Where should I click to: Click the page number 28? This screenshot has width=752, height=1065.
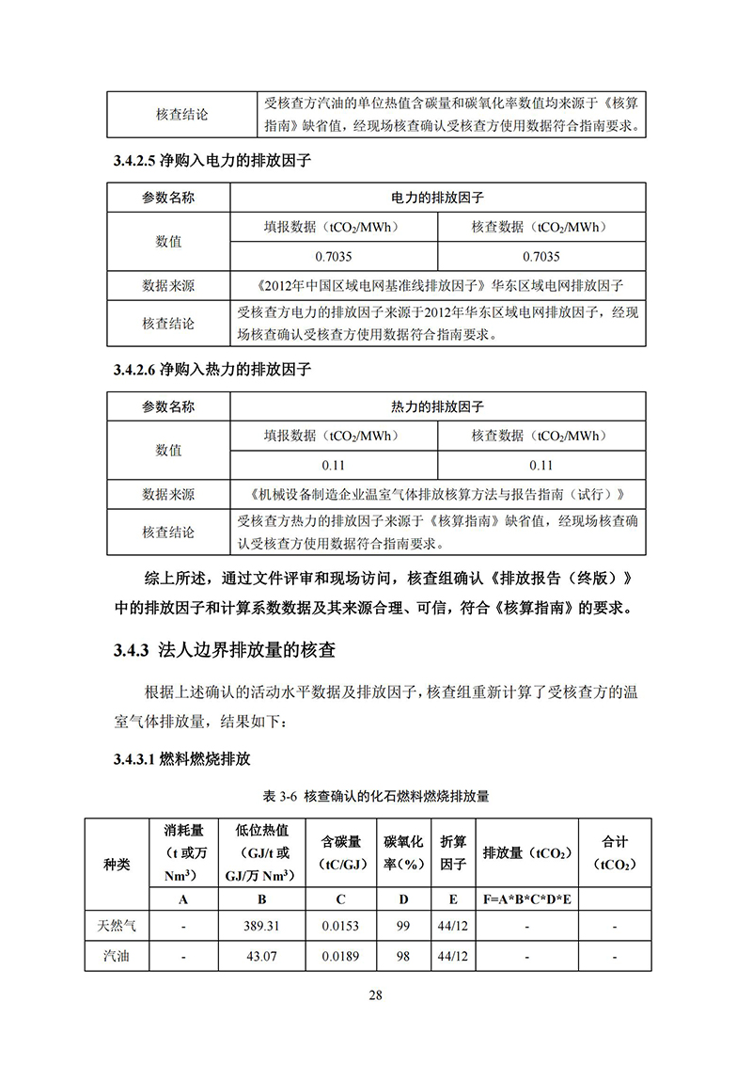(376, 996)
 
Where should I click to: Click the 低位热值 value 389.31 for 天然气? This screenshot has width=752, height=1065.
(262, 927)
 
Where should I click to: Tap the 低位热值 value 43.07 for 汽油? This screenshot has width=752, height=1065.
(262, 957)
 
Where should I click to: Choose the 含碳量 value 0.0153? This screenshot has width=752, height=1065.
(340, 927)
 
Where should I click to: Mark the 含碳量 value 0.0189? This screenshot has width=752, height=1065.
(340, 957)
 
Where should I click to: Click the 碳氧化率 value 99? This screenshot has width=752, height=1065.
(403, 927)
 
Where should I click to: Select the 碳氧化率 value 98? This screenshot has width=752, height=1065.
(403, 957)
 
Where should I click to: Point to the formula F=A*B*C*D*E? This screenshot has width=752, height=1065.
(527, 899)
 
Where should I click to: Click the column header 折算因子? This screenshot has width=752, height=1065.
(453, 852)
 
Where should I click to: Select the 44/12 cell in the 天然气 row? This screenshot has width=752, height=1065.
(453, 927)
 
